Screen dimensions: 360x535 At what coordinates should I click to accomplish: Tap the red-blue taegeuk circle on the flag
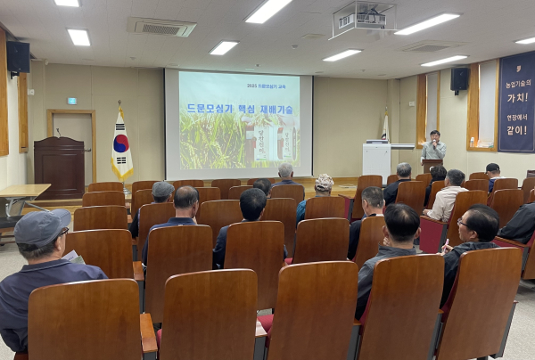click(121, 143)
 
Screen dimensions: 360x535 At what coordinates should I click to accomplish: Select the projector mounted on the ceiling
click(363, 18)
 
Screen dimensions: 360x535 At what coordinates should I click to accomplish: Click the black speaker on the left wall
click(18, 57)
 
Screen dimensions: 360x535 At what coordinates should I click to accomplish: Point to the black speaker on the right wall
click(459, 79)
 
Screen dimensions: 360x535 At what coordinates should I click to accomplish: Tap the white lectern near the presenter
click(376, 160)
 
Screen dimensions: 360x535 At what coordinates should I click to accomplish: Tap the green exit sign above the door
click(72, 101)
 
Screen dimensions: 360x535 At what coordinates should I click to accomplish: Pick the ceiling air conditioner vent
click(161, 27)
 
